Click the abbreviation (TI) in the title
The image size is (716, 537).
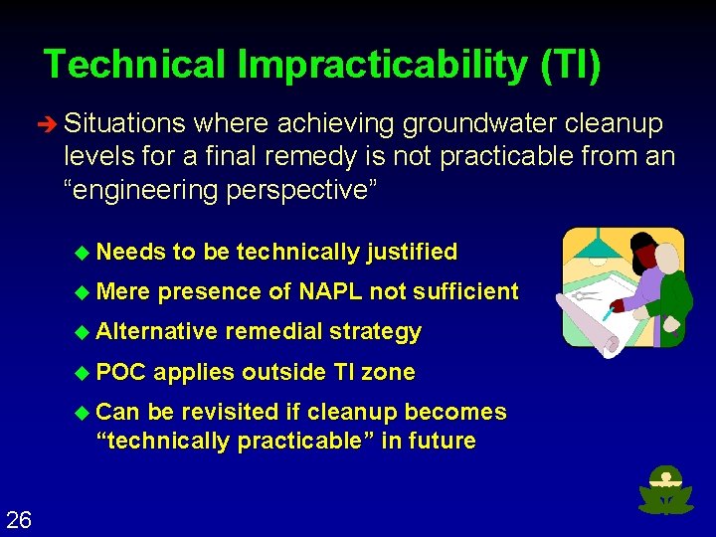coord(571,66)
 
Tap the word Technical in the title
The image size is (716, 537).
coord(135,66)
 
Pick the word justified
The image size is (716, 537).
coord(412,253)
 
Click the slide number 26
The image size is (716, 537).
coord(19,518)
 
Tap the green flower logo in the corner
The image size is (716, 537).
coord(666,490)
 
